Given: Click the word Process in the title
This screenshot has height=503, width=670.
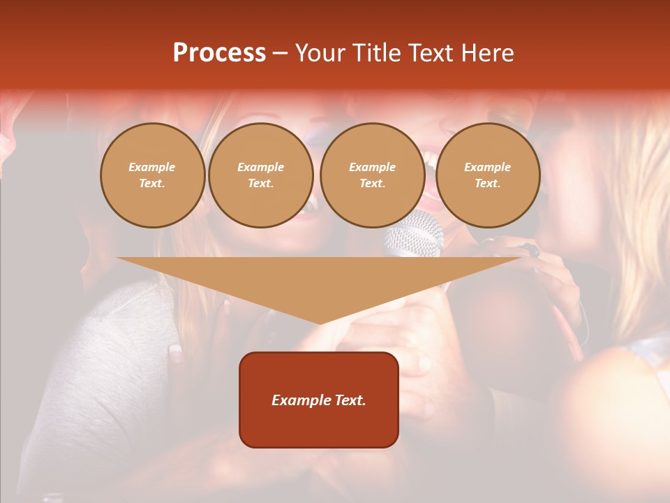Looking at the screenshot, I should click(219, 53).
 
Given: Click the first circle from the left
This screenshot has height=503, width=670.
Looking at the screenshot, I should click(152, 175).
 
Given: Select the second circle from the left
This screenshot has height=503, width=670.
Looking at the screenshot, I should click(260, 175).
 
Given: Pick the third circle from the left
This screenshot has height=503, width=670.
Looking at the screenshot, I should click(372, 175).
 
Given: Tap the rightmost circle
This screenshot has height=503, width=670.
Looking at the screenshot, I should click(487, 175).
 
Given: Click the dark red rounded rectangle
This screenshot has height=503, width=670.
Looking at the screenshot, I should click(318, 400).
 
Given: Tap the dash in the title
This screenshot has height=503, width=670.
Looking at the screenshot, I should click(280, 53).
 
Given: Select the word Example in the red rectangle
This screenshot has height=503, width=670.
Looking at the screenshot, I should click(301, 400).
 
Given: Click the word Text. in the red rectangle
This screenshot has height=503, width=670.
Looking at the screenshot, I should click(350, 400).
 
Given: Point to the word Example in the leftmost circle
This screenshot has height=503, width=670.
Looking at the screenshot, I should click(152, 167).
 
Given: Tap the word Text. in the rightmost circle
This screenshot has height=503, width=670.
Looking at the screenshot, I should click(487, 183).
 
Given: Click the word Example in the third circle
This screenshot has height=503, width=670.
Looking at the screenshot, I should click(372, 167).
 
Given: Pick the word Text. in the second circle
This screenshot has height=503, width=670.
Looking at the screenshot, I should click(260, 183).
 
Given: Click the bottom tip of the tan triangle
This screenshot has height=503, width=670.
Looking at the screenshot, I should click(320, 323).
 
